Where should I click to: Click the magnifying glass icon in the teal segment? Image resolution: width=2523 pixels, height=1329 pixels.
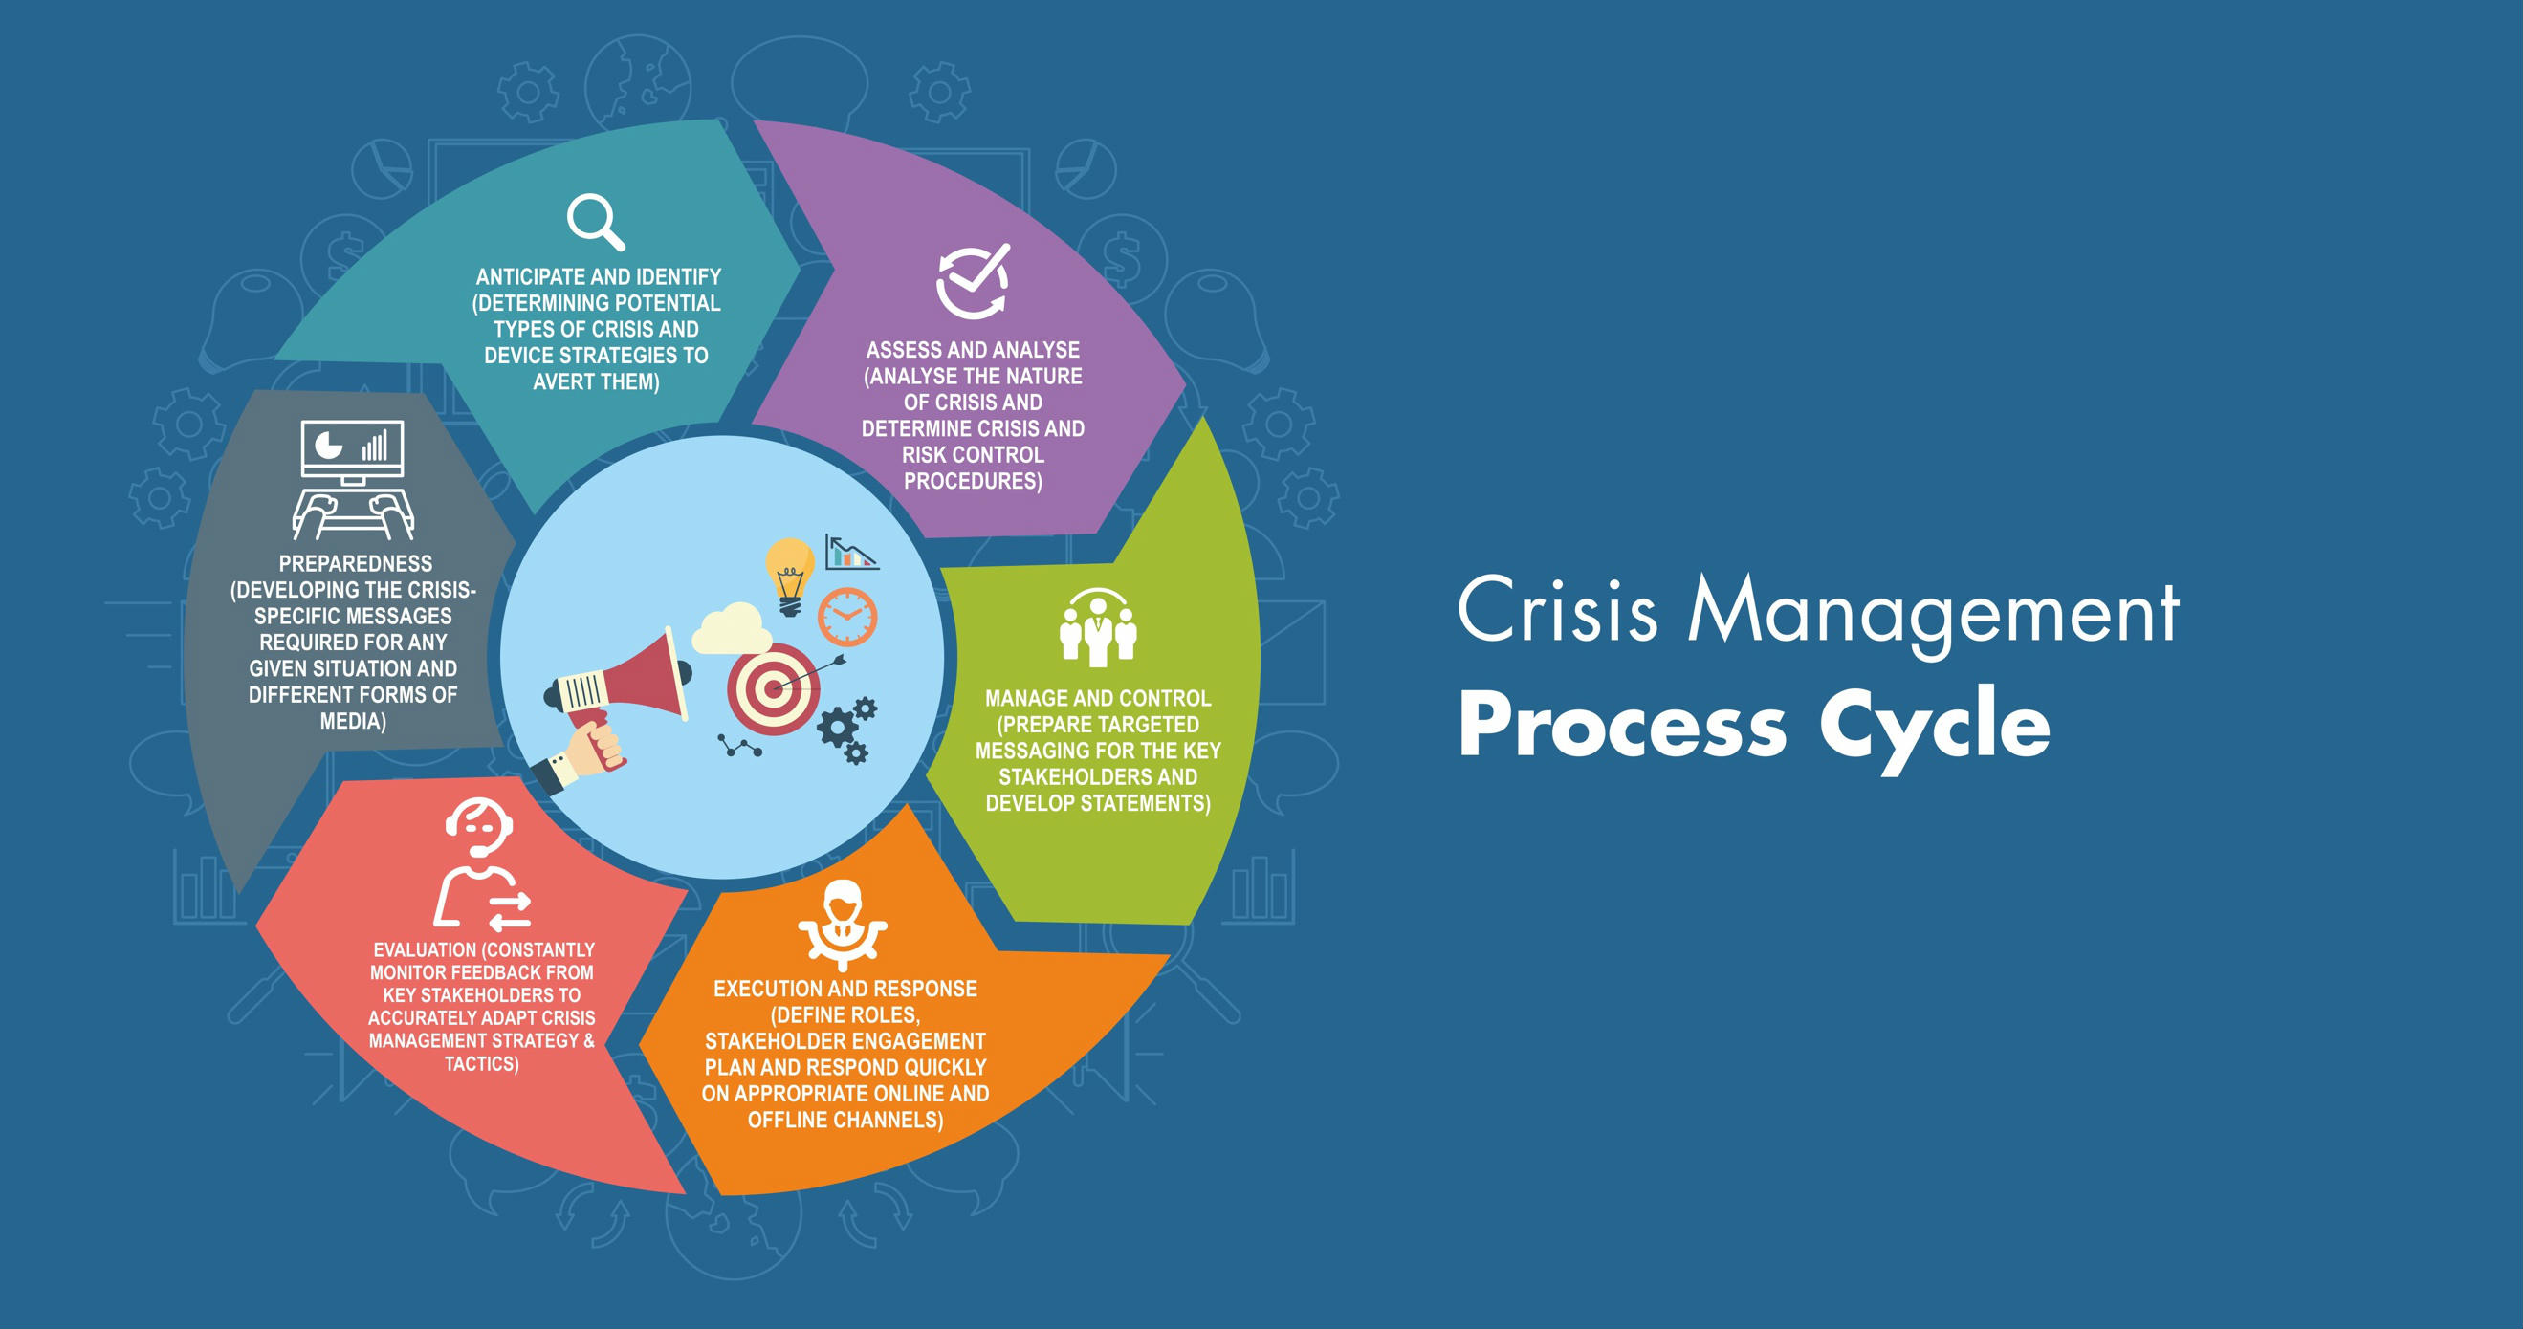point(595,221)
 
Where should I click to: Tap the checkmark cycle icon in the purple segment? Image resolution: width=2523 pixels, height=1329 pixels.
point(972,281)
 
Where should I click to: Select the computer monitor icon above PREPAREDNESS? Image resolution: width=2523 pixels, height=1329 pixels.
point(352,450)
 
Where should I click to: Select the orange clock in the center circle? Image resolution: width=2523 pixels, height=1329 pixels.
point(847,617)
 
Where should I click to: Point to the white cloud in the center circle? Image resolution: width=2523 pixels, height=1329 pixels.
point(731,629)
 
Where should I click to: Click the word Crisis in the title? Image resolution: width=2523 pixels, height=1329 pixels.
point(1557,612)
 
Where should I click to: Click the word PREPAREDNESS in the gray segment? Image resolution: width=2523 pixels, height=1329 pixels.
point(356,564)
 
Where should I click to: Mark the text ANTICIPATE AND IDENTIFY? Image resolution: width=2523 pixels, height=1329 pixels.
point(599,277)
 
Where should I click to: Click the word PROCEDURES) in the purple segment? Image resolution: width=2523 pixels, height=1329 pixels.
point(973,481)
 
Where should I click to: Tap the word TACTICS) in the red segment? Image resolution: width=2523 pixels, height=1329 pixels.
point(482,1063)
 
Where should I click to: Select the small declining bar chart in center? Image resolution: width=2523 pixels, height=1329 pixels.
point(850,554)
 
